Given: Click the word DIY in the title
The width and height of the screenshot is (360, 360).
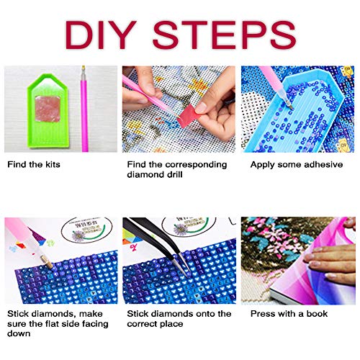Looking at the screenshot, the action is pyautogui.click(x=101, y=35).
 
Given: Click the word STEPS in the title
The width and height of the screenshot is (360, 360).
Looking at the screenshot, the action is pyautogui.click(x=224, y=35).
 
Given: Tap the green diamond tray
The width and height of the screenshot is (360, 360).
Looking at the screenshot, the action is pyautogui.click(x=48, y=110).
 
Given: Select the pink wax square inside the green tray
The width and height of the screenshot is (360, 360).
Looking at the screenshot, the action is pyautogui.click(x=48, y=109).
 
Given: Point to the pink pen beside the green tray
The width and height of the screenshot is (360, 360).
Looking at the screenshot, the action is pyautogui.click(x=84, y=109).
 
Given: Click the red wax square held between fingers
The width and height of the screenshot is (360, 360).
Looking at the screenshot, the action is pyautogui.click(x=186, y=115).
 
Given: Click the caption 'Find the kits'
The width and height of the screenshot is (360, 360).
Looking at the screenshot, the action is pyautogui.click(x=34, y=164).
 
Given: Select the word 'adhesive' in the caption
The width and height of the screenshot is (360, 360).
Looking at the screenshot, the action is pyautogui.click(x=323, y=164).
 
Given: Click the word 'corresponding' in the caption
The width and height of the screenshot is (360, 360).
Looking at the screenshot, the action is pyautogui.click(x=196, y=165).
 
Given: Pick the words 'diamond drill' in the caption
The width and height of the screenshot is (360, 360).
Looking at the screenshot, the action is pyautogui.click(x=155, y=174).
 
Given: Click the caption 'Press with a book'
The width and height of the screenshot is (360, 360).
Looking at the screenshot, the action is pyautogui.click(x=289, y=314).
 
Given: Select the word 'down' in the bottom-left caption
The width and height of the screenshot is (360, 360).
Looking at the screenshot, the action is pyautogui.click(x=19, y=333).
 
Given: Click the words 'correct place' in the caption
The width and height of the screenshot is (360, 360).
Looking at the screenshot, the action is pyautogui.click(x=155, y=324).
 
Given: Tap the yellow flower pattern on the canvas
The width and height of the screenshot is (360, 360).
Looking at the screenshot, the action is pyautogui.click(x=199, y=86).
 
